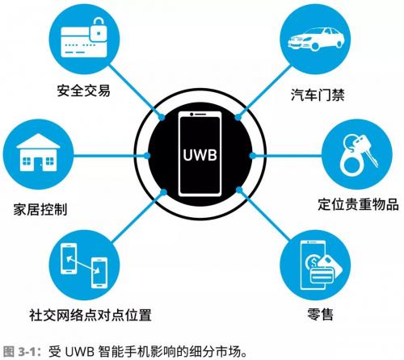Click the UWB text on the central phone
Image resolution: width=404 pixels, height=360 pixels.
(200, 155)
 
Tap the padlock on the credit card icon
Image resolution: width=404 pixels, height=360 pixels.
(99, 30)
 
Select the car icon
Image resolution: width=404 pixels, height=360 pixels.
(315, 39)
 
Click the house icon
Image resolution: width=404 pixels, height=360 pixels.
(38, 153)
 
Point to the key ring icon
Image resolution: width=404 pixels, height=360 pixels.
(358, 154)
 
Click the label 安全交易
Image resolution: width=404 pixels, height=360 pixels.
(83, 90)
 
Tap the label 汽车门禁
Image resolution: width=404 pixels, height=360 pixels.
(318, 94)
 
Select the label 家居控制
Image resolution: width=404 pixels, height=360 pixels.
(40, 209)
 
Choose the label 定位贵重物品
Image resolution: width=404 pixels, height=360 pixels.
(358, 204)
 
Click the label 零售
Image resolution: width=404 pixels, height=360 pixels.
(320, 314)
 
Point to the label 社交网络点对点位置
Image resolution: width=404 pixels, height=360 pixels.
(90, 315)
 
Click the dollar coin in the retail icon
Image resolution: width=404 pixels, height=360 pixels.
(313, 262)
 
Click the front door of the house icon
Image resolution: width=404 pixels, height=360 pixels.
(38, 164)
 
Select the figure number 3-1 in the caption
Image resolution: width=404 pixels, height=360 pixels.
(27, 351)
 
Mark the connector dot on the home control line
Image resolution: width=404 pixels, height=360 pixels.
(147, 155)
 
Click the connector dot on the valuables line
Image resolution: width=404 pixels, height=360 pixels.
(252, 155)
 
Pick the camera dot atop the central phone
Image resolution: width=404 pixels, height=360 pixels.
(191, 115)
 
